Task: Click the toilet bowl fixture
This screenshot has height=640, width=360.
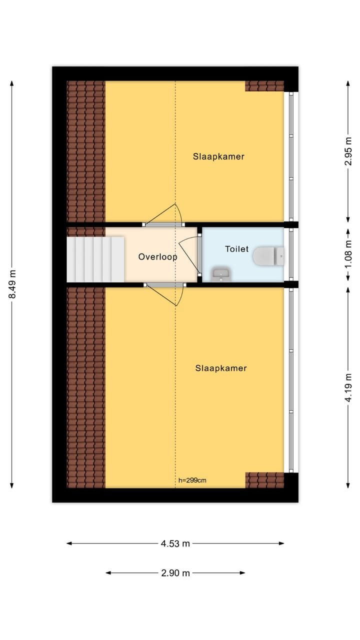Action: coord(267,256)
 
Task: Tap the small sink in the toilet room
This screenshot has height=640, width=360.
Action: coord(220,274)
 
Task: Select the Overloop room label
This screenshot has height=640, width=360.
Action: coord(158,257)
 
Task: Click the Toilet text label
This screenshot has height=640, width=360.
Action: coord(236,248)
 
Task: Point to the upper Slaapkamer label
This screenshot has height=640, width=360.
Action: coord(218,156)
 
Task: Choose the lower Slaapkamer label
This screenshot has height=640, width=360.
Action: coord(221,368)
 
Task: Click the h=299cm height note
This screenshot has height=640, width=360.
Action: coord(192,480)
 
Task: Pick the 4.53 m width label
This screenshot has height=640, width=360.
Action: coord(175,543)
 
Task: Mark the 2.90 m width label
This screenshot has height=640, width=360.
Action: coord(175,573)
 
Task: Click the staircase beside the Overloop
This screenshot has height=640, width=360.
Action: coord(95,259)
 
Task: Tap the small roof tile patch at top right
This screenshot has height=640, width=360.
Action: coord(264,86)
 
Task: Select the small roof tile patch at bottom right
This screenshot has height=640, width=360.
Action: coord(264,480)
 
